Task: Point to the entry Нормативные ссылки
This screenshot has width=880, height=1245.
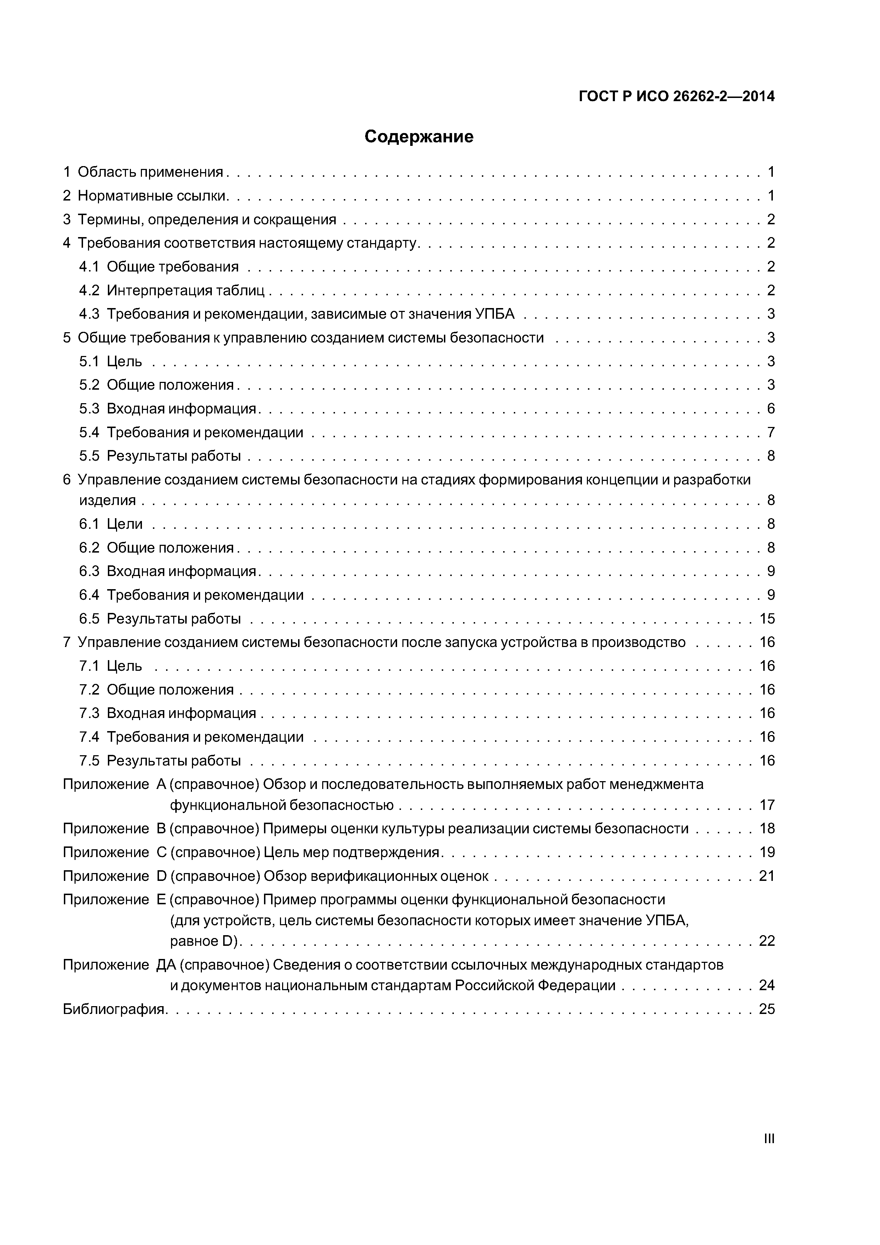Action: tap(152, 196)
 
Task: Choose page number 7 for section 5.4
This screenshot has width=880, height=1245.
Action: tap(770, 433)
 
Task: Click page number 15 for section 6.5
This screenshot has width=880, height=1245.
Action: tap(767, 619)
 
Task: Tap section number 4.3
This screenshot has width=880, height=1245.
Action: tap(89, 314)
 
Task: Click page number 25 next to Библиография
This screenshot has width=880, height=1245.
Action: tap(767, 1009)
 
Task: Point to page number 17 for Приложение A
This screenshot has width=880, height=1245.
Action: tap(767, 805)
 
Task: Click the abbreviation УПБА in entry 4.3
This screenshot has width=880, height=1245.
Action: tap(495, 314)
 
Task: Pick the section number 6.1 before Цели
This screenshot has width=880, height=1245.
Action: tap(89, 524)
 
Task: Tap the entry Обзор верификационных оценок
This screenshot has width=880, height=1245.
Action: tap(376, 876)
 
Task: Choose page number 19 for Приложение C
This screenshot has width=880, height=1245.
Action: tap(767, 852)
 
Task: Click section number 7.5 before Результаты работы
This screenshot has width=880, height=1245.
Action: tap(89, 761)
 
